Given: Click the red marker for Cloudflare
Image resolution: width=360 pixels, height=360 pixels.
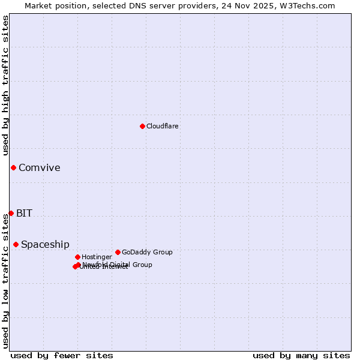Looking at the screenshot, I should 142,126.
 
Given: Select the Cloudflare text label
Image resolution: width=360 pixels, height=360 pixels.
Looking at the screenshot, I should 162,126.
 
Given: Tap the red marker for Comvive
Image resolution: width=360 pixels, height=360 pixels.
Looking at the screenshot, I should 13,167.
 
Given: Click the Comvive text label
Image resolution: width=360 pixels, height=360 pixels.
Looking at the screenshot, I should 39,167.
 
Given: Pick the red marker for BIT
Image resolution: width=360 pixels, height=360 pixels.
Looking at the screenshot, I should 11,213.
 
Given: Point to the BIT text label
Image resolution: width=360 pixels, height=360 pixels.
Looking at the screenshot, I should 24,213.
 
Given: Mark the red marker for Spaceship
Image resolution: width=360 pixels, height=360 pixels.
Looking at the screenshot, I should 16,244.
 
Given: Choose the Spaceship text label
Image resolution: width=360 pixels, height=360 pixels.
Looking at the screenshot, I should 45,244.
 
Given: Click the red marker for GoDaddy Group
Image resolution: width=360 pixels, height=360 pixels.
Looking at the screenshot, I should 118,252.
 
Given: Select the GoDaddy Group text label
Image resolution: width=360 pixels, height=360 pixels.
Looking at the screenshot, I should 147,252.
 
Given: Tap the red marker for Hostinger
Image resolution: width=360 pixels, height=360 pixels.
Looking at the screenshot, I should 77,257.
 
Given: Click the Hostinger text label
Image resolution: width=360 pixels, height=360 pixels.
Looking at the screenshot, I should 97,257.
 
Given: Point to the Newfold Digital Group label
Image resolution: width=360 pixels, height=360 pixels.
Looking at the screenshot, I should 117,265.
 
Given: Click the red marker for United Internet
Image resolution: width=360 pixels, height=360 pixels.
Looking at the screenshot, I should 75,266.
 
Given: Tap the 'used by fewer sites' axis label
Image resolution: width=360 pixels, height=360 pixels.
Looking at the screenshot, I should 62,355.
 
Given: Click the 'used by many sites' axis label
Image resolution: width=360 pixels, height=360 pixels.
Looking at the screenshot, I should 301,355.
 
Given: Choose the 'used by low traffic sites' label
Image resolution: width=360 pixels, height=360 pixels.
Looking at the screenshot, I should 5,281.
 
